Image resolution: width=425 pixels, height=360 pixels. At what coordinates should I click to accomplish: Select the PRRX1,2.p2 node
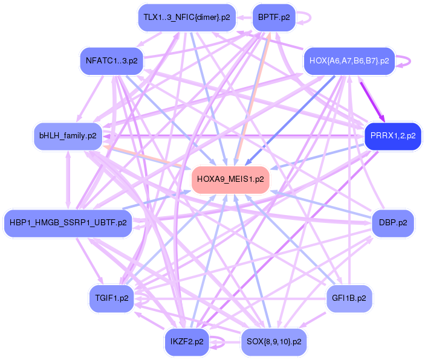(x=393, y=136)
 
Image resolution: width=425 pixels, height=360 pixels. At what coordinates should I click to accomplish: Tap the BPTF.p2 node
(x=274, y=18)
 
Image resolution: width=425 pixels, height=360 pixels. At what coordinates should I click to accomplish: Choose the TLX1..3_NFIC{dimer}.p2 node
(x=186, y=18)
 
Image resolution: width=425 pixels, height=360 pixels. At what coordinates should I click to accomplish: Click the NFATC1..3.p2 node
(x=111, y=61)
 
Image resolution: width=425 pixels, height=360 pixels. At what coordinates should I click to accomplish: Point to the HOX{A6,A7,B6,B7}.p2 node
(x=349, y=61)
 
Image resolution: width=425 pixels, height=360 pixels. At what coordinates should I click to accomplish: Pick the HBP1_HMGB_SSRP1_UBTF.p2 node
(x=68, y=223)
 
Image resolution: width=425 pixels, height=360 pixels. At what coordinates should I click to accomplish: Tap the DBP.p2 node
(x=393, y=223)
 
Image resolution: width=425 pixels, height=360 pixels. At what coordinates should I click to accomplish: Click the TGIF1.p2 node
(x=112, y=298)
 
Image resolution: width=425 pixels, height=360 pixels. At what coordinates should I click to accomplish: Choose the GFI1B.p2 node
(x=349, y=298)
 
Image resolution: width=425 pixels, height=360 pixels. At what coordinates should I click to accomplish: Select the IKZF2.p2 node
(x=186, y=342)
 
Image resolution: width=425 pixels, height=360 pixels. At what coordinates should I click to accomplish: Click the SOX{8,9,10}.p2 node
(x=274, y=342)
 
